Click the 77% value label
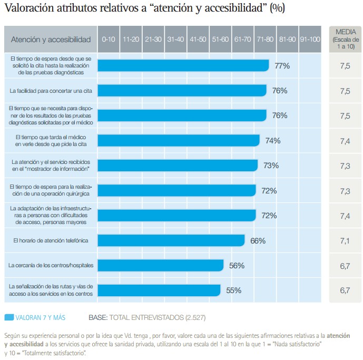click(x=282, y=66)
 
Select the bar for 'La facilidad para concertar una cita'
click(x=182, y=91)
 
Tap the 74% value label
click(x=273, y=141)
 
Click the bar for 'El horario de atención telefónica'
click(x=171, y=240)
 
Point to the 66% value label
click(x=258, y=241)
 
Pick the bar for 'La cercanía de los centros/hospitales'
click(x=161, y=265)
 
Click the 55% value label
click(x=233, y=290)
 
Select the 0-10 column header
click(x=109, y=40)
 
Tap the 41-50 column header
click(x=198, y=40)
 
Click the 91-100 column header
click(x=310, y=40)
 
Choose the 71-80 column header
click(x=265, y=40)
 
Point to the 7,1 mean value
click(x=345, y=241)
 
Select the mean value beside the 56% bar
click(x=345, y=266)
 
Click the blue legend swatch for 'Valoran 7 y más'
click(x=9, y=318)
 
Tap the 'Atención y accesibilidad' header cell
click(x=51, y=40)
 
